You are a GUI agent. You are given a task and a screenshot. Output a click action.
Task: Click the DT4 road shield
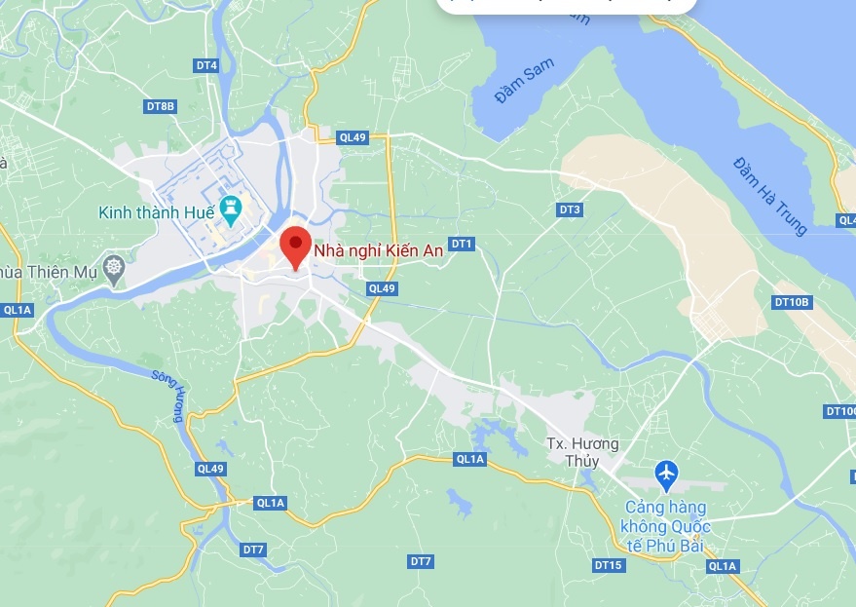coord(205,65)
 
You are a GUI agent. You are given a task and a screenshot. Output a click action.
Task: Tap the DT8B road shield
coord(160,105)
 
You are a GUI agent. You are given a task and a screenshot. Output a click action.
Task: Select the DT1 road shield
coord(462,244)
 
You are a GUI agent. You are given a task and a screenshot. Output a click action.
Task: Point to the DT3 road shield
coord(570,209)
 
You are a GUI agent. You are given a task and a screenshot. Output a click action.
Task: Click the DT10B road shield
coord(792,302)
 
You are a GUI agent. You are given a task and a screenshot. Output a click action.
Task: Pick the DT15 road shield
coord(608,565)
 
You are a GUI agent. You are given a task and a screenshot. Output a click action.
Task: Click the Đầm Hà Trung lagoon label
coord(770,195)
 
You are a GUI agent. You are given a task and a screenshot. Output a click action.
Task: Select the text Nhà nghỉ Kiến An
coord(379,250)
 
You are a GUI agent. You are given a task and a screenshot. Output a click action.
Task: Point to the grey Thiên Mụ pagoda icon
coord(115,267)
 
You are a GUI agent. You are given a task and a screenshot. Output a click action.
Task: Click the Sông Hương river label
coord(168,396)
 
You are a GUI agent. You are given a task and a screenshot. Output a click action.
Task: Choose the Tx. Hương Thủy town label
coord(582,452)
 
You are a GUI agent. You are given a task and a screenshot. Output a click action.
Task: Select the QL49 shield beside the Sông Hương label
coord(210,469)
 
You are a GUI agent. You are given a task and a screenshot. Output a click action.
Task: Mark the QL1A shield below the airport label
coord(723,566)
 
